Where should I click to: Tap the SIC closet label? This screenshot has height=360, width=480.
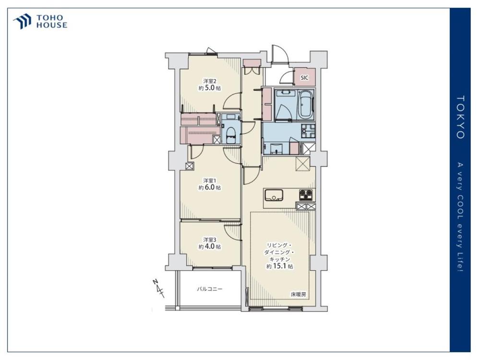pos(304,78)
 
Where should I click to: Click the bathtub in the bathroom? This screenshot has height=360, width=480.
pos(305,104)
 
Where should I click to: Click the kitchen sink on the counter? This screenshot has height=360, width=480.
pos(274,195)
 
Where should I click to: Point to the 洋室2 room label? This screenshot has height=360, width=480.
pos(210,81)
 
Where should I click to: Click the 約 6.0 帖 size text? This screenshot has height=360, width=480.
pos(210,187)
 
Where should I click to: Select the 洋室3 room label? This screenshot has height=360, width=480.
pos(210,240)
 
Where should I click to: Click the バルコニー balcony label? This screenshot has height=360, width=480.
pos(209,288)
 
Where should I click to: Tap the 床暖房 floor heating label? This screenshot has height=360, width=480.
pos(298,295)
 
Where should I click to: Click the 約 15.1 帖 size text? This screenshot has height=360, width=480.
pos(279,266)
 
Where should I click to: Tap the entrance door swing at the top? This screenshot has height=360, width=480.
pos(280,54)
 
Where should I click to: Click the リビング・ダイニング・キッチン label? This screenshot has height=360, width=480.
pos(280,252)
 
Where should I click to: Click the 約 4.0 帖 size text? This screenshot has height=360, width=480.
pos(210,246)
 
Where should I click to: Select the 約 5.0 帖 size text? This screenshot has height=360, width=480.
pos(210,88)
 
